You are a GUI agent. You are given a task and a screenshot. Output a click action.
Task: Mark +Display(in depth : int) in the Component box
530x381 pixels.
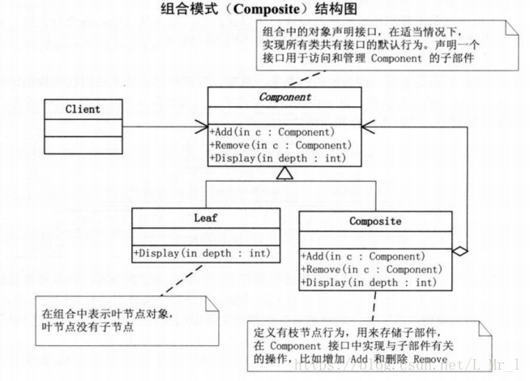pyautogui.click(x=276, y=158)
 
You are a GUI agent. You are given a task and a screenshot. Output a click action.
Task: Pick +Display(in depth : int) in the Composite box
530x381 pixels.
pyautogui.click(x=367, y=282)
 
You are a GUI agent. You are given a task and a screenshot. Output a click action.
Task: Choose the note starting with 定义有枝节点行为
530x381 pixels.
pyautogui.click(x=353, y=345)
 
